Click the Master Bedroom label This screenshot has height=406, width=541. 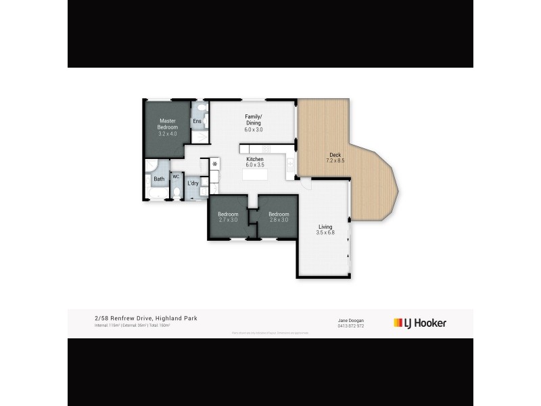[168, 124]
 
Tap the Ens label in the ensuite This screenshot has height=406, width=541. [197, 122]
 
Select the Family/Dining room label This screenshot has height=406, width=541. [254, 119]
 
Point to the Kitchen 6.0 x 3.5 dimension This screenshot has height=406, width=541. [254, 165]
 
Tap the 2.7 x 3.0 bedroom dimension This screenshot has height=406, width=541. [228, 220]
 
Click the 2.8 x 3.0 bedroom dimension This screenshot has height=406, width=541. [278, 220]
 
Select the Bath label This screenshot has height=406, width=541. [159, 179]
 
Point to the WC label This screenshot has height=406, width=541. [176, 177]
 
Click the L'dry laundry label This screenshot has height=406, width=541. [193, 183]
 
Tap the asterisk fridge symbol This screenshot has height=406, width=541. [215, 164]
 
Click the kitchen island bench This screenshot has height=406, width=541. [255, 175]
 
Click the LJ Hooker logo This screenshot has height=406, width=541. [420, 323]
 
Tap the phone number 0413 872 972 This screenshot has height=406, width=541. [351, 325]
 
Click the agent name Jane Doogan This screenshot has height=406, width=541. [351, 320]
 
